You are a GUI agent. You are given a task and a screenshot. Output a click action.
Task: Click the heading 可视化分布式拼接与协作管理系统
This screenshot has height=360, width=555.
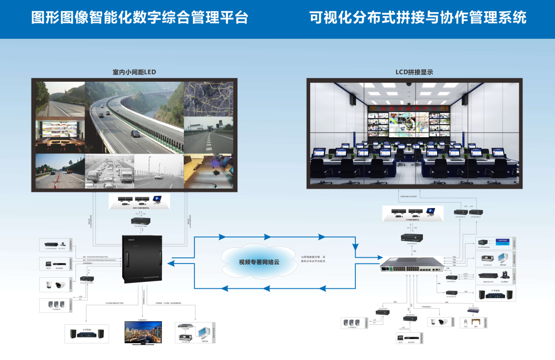point(418,18)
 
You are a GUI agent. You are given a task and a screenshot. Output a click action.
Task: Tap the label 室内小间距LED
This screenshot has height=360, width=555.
point(134,72)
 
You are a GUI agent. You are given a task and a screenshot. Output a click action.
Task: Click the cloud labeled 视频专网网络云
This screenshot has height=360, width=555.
point(259,262)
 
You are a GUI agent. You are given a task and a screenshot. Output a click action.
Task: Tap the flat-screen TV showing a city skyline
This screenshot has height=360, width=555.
point(143,332)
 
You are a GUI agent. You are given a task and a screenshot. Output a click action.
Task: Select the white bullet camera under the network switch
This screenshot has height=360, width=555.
point(441,322)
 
